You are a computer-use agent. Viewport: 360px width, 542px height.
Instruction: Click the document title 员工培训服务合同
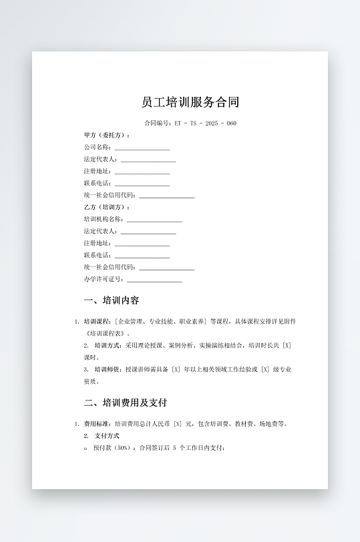pos(190,102)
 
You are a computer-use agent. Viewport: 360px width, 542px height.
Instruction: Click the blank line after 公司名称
pos(142,148)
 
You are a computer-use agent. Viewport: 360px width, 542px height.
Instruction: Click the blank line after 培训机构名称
pos(154,220)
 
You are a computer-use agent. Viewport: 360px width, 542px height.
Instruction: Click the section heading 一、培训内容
pos(112,300)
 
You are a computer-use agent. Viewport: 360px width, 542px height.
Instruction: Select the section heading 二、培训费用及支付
pos(125,402)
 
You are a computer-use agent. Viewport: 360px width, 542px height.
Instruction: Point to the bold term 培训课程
pos(96,321)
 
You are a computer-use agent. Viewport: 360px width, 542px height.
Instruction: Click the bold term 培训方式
pos(107,345)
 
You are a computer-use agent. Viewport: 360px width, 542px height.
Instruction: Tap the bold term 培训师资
pos(107,369)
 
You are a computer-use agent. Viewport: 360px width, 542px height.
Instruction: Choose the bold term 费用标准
pos(96,423)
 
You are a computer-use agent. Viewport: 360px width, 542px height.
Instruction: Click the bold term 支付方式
pos(107,435)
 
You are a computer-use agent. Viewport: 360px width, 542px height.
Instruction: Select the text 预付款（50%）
pos(114,447)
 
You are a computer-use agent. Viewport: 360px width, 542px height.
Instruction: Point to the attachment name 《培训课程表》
pos(104,333)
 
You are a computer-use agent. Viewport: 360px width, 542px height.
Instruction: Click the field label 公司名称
pos(97,147)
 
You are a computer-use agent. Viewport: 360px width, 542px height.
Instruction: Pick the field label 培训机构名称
pos(103,219)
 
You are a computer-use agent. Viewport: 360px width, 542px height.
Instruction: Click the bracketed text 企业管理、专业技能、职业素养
pos(161,321)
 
